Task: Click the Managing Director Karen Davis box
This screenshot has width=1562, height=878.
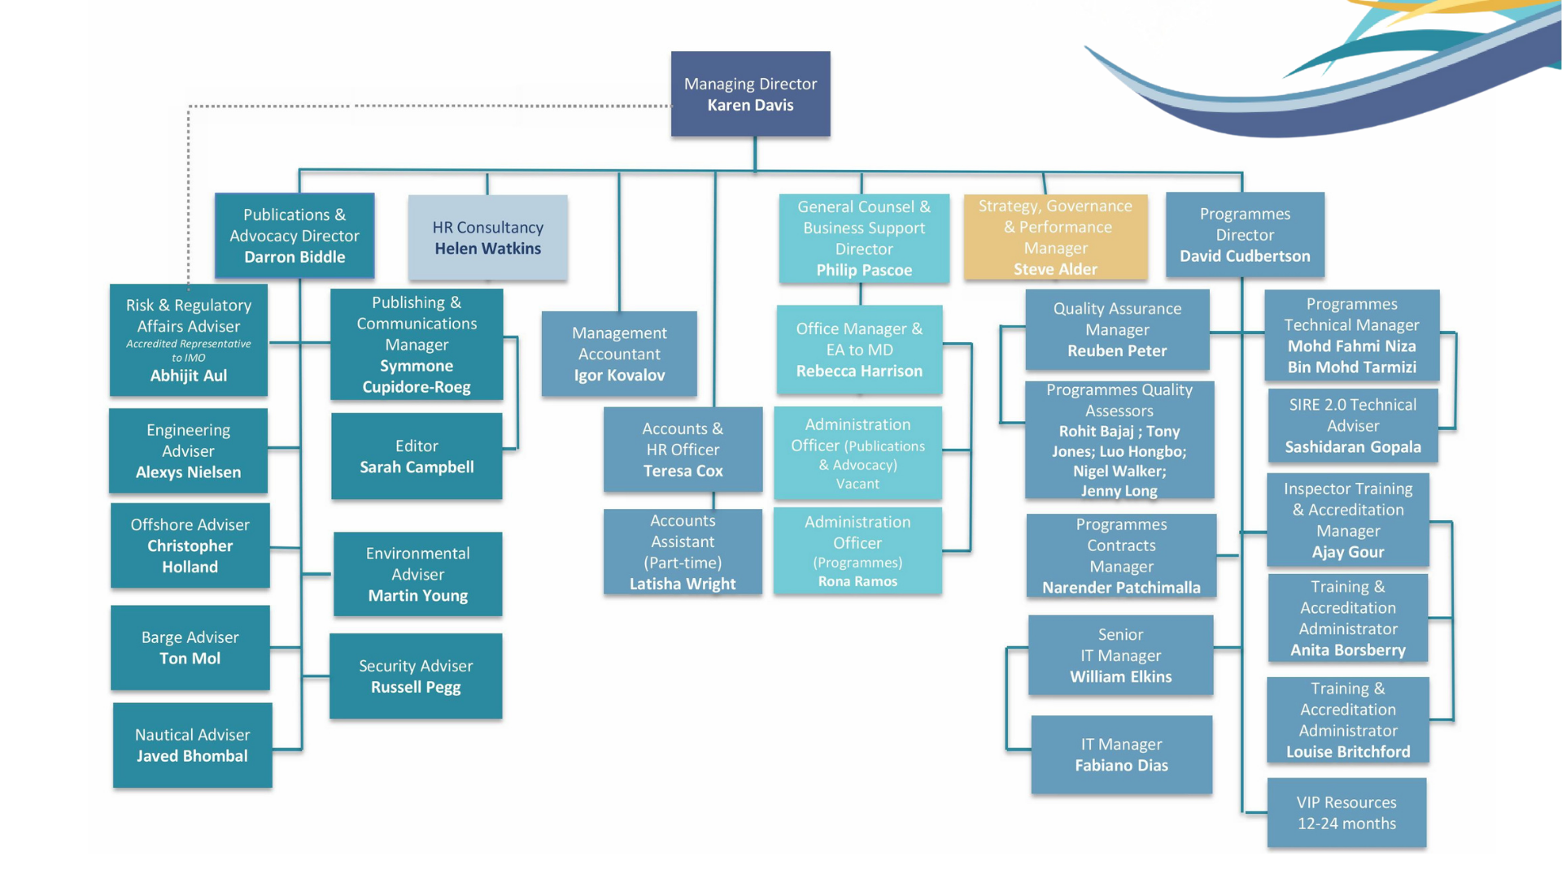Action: pos(750,94)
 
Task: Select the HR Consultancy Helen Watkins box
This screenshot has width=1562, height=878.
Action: pos(487,237)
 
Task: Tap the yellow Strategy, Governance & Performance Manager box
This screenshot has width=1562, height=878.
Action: pos(1055,237)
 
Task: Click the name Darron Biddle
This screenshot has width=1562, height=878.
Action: pos(295,257)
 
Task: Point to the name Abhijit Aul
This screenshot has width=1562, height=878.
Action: pos(189,376)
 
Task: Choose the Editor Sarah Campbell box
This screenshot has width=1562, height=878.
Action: pos(417,456)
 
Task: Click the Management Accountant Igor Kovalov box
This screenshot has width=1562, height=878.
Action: pos(619,354)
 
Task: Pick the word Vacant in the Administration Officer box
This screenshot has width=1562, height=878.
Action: pos(857,484)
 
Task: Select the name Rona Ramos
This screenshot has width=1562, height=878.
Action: pos(857,581)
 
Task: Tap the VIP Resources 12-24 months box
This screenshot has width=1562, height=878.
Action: pos(1346,813)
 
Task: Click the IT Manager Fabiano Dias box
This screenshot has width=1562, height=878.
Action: pos(1121,754)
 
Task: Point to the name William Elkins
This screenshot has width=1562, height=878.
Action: pos(1121,676)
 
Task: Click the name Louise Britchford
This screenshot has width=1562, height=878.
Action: pos(1348,752)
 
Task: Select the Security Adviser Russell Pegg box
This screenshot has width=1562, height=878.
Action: pos(416,676)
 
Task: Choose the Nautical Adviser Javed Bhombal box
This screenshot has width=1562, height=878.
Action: pos(192,745)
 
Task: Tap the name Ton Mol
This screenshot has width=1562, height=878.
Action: pos(190,658)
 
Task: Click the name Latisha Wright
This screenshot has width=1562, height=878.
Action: pos(683,584)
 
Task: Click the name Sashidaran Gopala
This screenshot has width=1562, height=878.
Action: pos(1353,447)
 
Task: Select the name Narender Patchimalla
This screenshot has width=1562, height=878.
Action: pos(1121,588)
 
